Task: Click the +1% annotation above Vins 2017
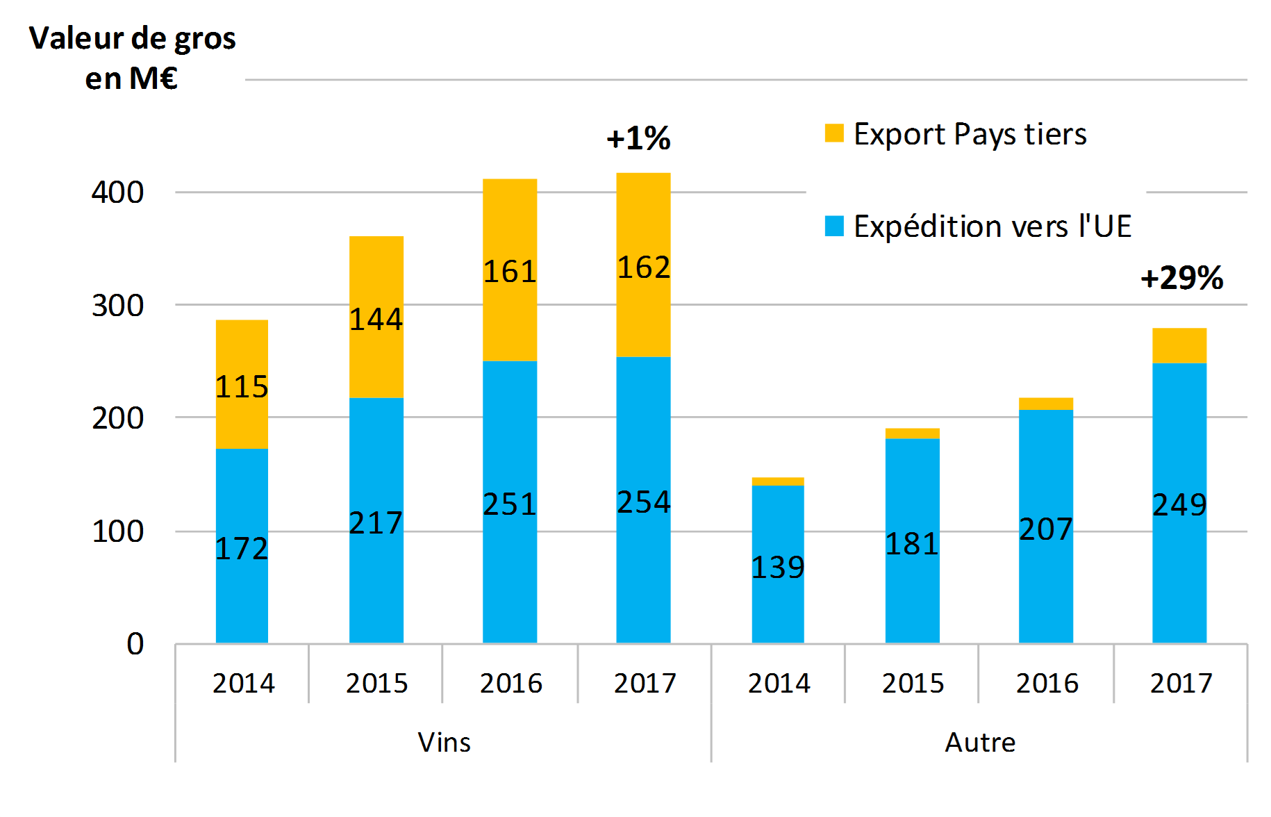pos(638,138)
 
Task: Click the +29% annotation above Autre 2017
pos(1181,278)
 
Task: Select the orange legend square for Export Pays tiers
pos(834,133)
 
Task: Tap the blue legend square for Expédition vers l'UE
pos(834,226)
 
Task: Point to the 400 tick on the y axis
pos(117,192)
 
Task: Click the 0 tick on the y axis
pos(135,644)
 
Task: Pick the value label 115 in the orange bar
pos(242,387)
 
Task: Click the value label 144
pos(376,320)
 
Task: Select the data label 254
pos(644,502)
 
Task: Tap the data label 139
pos(778,568)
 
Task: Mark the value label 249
pos(1179,505)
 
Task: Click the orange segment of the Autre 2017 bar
pos(1179,345)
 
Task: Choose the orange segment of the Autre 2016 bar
pos(1045,404)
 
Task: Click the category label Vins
pos(444,743)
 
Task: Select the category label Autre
pos(980,743)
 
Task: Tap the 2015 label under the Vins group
pos(376,684)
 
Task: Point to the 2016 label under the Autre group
pos(1047,684)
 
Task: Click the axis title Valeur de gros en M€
pos(132,58)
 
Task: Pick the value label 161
pos(510,272)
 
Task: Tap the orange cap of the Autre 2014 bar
pos(778,481)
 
